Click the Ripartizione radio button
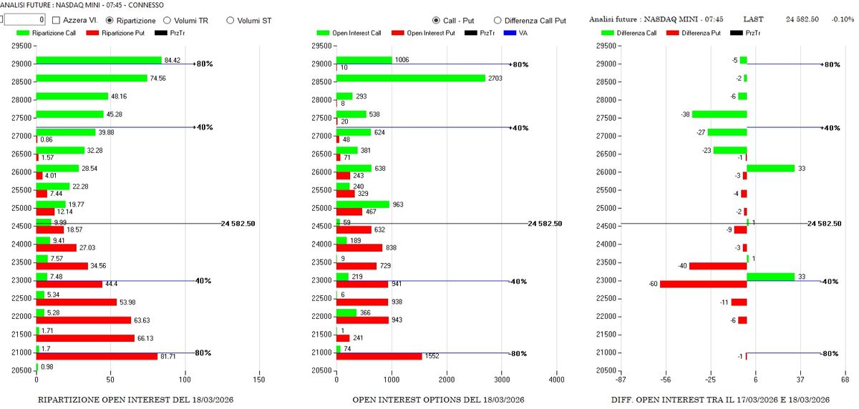coord(110,21)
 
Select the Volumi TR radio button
coord(167,21)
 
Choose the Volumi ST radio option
coord(230,21)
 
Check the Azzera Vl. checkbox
coord(56,21)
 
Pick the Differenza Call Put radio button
coord(498,21)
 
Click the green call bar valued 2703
coord(411,78)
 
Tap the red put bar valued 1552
coord(379,355)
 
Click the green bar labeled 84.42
coord(99,60)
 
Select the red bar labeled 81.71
coord(97,355)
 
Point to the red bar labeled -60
coord(703,284)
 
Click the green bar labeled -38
coord(719,114)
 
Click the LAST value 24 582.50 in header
coord(802,19)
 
